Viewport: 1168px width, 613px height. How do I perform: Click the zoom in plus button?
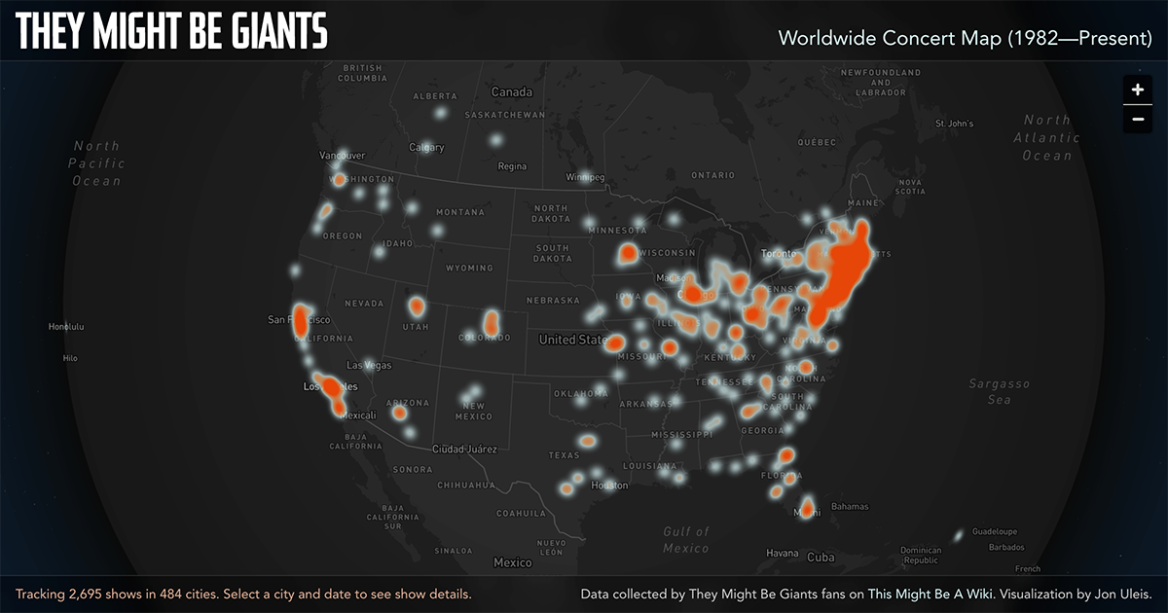pyautogui.click(x=1137, y=90)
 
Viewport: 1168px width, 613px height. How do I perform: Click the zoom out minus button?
pyautogui.click(x=1137, y=119)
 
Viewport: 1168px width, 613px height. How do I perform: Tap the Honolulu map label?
pyautogui.click(x=66, y=327)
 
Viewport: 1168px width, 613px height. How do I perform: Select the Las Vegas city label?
pyautogui.click(x=369, y=365)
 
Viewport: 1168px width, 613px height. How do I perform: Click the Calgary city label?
pyautogui.click(x=426, y=148)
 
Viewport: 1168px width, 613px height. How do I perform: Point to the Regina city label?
pyautogui.click(x=512, y=166)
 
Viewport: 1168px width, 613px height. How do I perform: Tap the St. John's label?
pyautogui.click(x=954, y=124)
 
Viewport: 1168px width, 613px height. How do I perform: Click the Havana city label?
pyautogui.click(x=782, y=554)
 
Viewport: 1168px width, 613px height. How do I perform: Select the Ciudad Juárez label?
pyautogui.click(x=464, y=450)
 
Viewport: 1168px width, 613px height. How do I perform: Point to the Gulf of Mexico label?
pyautogui.click(x=686, y=540)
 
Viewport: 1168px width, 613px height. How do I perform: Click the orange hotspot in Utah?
pyautogui.click(x=417, y=306)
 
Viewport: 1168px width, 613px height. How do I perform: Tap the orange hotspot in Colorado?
pyautogui.click(x=492, y=321)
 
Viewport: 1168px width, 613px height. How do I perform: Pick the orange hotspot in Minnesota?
pyautogui.click(x=628, y=255)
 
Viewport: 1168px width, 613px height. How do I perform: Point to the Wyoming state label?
pyautogui.click(x=468, y=268)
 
